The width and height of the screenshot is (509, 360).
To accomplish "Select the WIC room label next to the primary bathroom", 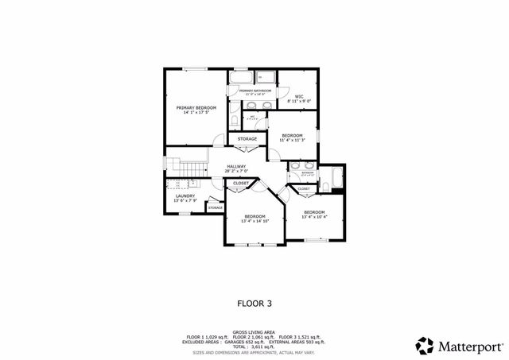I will coord(299,96).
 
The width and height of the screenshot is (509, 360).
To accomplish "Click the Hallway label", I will coord(236,166).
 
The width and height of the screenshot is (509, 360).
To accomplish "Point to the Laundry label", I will coord(185,195).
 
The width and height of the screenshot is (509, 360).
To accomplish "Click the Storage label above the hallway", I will coord(247,139).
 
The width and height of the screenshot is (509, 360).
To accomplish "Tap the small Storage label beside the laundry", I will coord(215,207).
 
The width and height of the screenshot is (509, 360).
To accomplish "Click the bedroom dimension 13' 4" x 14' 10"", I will coord(255,222).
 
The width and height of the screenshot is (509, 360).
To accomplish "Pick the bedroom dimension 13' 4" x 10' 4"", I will coord(315,217).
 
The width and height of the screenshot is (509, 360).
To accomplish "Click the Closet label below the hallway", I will coord(240,184).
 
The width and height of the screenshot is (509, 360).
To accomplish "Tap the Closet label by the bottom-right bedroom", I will coord(305,188).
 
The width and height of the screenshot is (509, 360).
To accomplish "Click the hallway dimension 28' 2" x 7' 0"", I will coord(236,171).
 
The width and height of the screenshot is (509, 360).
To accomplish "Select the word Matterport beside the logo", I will coord(469,346).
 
